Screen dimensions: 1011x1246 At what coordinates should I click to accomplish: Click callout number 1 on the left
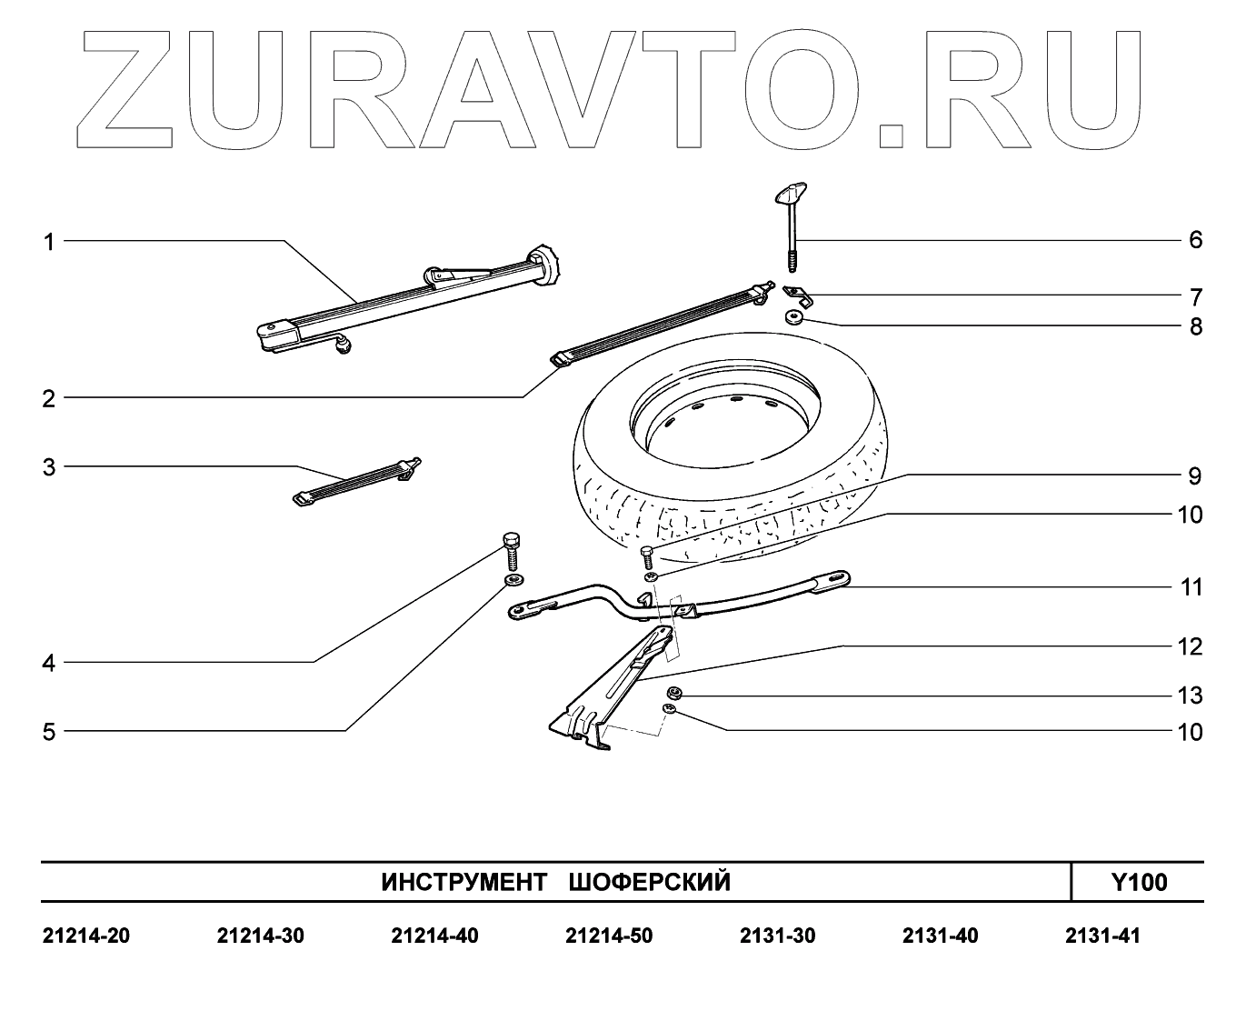point(50,242)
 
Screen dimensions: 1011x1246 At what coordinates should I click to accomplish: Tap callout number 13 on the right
point(1190,696)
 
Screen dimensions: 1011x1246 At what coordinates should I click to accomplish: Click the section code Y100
point(1138,882)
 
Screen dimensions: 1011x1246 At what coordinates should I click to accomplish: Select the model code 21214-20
point(86,936)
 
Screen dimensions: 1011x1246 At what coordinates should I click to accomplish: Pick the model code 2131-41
point(1102,936)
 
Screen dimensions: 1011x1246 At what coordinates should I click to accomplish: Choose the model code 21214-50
point(608,936)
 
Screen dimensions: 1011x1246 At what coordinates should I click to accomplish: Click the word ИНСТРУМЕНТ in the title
point(464,883)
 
